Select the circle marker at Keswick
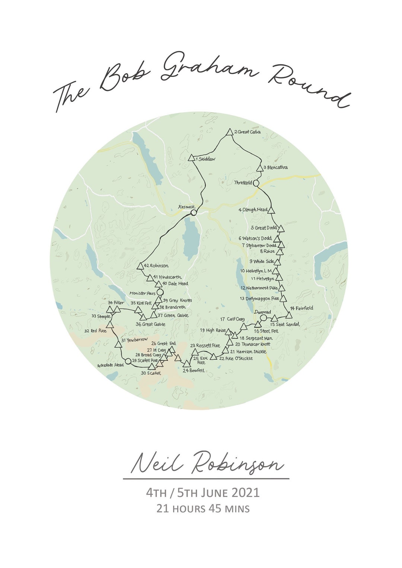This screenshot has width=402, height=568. pyautogui.click(x=194, y=213)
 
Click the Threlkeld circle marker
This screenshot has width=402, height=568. pyautogui.click(x=256, y=183)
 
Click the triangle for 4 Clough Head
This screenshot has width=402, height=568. pyautogui.click(x=271, y=210)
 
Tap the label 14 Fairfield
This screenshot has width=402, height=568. pyautogui.click(x=302, y=308)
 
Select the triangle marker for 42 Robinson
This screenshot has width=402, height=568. pyautogui.click(x=140, y=266)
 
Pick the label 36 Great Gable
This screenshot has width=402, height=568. pyautogui.click(x=150, y=325)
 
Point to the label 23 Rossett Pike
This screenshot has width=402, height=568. pyautogui.click(x=205, y=346)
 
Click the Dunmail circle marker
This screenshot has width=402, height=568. pyautogui.click(x=263, y=318)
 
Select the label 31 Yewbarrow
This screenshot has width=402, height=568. pyautogui.click(x=132, y=340)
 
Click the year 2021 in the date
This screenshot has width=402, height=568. pyautogui.click(x=245, y=493)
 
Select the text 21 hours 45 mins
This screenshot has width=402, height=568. pyautogui.click(x=203, y=508)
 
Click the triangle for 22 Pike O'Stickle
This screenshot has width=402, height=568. pyautogui.click(x=213, y=357)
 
